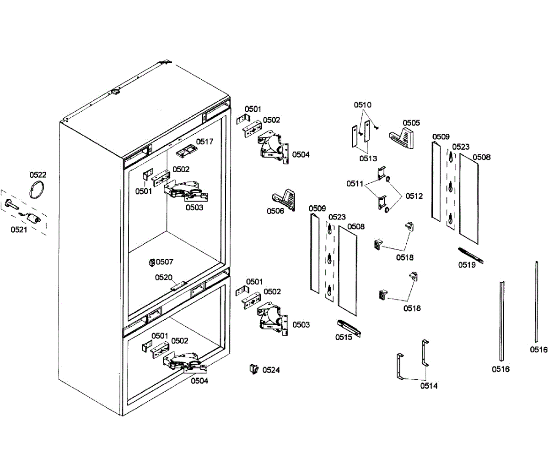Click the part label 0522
tap(38, 175)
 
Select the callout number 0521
tap(19, 230)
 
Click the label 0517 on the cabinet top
tap(205, 142)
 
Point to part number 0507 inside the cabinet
tap(165, 262)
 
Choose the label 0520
tap(164, 277)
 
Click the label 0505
tap(411, 123)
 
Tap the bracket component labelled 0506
tap(285, 197)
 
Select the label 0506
tap(275, 211)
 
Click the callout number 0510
tap(363, 105)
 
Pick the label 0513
tap(368, 159)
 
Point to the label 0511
tap(355, 184)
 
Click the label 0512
tap(414, 196)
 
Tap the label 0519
tap(467, 265)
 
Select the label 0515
tap(344, 337)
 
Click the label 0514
tap(429, 386)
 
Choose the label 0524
tap(271, 370)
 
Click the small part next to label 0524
tap(253, 369)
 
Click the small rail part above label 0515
tap(350, 328)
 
